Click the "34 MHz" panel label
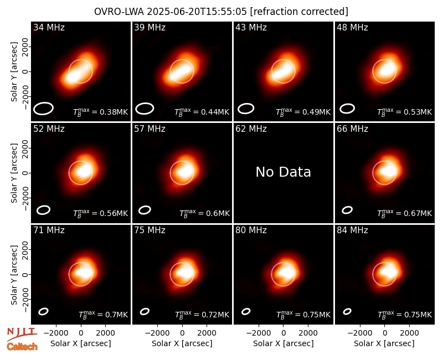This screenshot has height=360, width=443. pos(49,27)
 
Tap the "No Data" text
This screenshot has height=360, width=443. pos(283,172)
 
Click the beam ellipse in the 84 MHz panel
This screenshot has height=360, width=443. pos(347,311)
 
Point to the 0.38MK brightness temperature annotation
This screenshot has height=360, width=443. pos(101,112)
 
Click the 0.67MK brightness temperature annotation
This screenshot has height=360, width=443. pos(405,213)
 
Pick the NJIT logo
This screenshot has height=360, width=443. pos(22,333)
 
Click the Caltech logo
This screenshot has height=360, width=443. pos(22,347)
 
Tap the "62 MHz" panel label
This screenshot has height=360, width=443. pos(251,129)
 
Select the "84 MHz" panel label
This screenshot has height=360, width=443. pos(352,230)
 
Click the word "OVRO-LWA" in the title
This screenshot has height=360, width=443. pos(119,12)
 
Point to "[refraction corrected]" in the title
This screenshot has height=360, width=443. pos(299,12)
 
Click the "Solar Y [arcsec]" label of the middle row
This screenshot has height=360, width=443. pos(14,173)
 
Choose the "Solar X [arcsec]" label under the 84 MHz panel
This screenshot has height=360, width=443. pos(384,343)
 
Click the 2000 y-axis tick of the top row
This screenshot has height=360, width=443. pos(25,47)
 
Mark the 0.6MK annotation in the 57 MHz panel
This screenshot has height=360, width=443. pos(204,213)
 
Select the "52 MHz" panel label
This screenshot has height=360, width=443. pos(49,129)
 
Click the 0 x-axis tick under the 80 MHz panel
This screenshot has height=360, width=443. pos(284,333)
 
